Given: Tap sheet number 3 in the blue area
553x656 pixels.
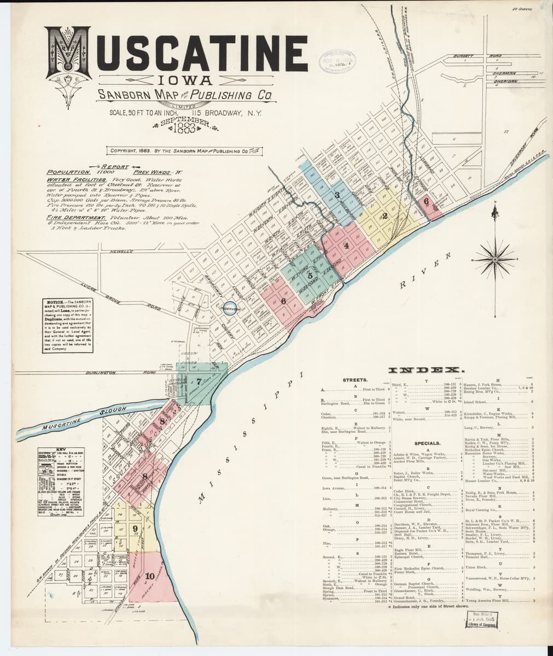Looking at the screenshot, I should (x=337, y=195).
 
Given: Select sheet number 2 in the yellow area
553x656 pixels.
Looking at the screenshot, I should (x=385, y=216).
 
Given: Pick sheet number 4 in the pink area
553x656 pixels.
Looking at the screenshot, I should (x=346, y=245).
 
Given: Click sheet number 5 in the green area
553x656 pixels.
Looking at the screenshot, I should (x=310, y=274).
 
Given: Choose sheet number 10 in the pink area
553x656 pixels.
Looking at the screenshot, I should (x=150, y=576).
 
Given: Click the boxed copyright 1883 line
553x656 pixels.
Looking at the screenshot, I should (x=183, y=151).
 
